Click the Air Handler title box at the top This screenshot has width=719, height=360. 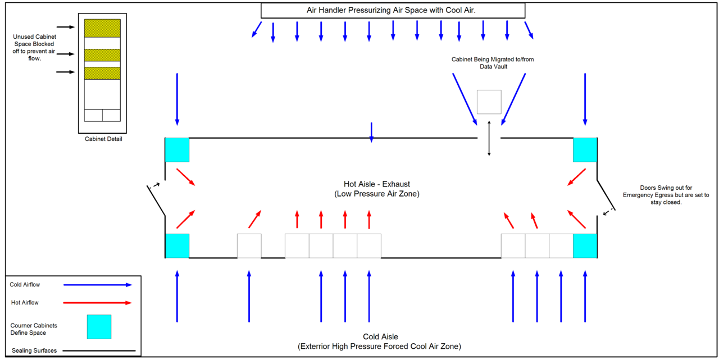393,10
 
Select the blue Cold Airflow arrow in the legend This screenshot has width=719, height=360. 98,285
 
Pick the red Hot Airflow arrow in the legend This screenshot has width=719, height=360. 98,303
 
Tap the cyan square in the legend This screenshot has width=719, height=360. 99,327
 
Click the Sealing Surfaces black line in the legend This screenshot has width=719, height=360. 99,350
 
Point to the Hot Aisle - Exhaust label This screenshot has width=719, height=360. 377,189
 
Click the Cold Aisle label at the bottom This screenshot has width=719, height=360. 379,341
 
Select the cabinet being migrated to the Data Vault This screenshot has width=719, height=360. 489,102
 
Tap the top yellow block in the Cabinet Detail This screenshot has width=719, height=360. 102,28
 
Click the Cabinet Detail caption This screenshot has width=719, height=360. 103,139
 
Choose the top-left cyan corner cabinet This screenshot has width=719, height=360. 177,150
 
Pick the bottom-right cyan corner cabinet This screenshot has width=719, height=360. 585,246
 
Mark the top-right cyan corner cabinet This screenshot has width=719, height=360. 585,150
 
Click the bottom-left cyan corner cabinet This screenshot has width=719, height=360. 177,246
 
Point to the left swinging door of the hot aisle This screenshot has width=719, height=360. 156,201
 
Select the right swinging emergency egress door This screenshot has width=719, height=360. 606,195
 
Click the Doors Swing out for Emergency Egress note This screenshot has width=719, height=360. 666,195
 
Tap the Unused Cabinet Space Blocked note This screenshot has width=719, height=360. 34,48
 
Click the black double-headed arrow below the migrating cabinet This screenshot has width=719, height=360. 489,138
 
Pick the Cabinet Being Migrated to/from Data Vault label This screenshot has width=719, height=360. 493,63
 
